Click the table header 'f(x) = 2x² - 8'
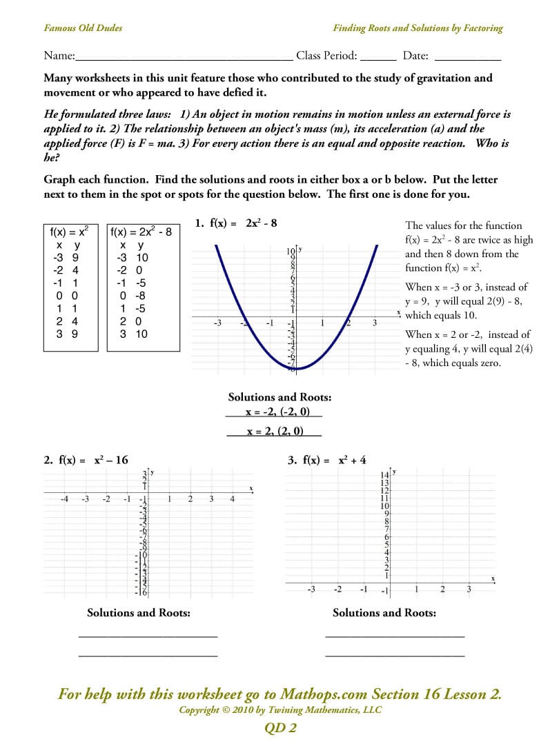141,232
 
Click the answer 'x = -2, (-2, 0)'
274,412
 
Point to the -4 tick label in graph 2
63,499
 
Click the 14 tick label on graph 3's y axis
385,476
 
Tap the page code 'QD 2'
280,728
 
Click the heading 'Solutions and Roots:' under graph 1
279,397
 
